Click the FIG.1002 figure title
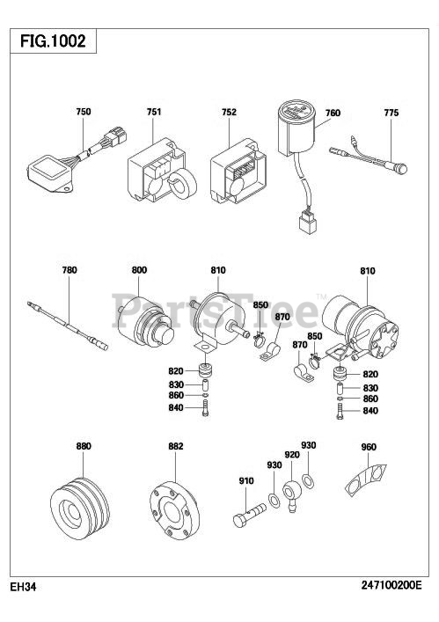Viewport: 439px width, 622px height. coord(53,40)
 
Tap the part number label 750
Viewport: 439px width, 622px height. coord(84,112)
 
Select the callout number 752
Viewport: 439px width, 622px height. coord(229,113)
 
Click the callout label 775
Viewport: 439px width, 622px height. coord(391,113)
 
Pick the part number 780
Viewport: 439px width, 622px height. coord(70,270)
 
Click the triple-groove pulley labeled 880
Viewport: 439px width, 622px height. coord(80,509)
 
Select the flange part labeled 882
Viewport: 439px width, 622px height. coord(174,510)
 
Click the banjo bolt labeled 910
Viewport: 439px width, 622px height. coord(249,515)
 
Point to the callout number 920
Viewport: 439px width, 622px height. coord(292,455)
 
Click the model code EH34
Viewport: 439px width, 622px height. coord(23,587)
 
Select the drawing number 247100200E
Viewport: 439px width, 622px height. coord(391,585)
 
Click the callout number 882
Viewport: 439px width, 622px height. coord(176,447)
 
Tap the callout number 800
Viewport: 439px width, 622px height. coord(139,270)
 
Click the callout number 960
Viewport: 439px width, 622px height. coord(369,448)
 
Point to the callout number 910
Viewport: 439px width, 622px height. coord(245,481)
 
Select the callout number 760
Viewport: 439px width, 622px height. coord(333,113)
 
